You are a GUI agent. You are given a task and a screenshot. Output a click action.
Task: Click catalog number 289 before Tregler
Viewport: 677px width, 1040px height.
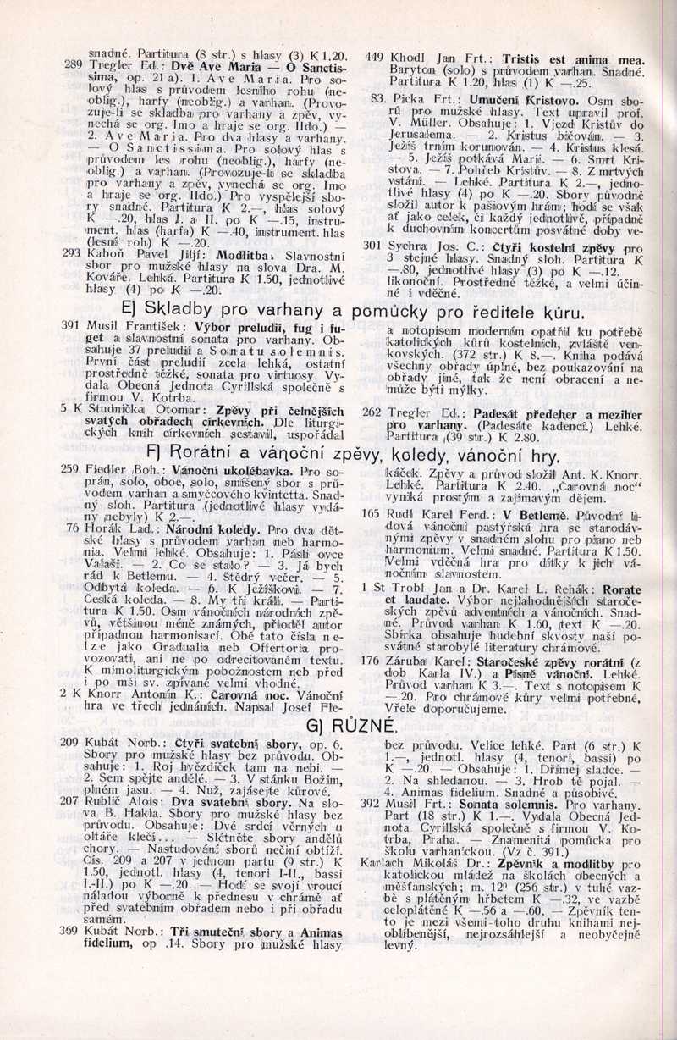[73, 64]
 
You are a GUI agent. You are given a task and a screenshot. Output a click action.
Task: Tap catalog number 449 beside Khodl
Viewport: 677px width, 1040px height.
[375, 58]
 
